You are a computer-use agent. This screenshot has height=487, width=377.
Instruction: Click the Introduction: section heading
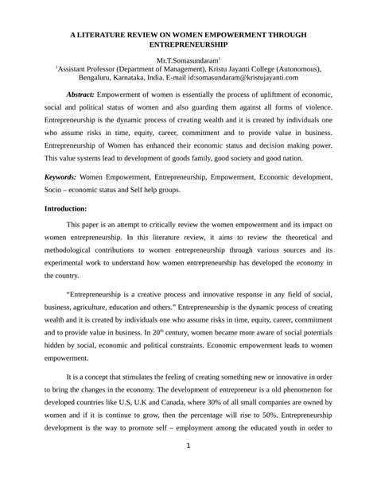click(x=68, y=207)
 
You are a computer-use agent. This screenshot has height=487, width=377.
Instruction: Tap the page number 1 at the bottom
click(x=188, y=467)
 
